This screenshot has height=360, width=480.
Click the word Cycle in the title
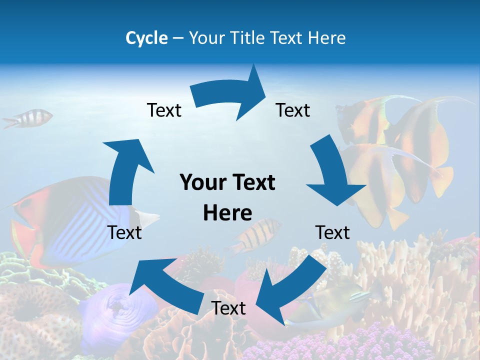pos(146,38)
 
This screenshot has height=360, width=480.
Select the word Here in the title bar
pos(326,38)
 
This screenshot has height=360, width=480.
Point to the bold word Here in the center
pos(227,212)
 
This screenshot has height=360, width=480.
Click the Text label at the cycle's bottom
pos(228,308)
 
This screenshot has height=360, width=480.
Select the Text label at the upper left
pos(164,110)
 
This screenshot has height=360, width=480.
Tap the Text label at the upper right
pos(293,110)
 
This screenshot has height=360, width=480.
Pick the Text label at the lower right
pos(332,232)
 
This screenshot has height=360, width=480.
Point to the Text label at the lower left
pos(124,232)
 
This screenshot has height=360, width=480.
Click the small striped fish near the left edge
pos(30,118)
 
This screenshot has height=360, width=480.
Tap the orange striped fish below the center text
pos(255,235)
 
